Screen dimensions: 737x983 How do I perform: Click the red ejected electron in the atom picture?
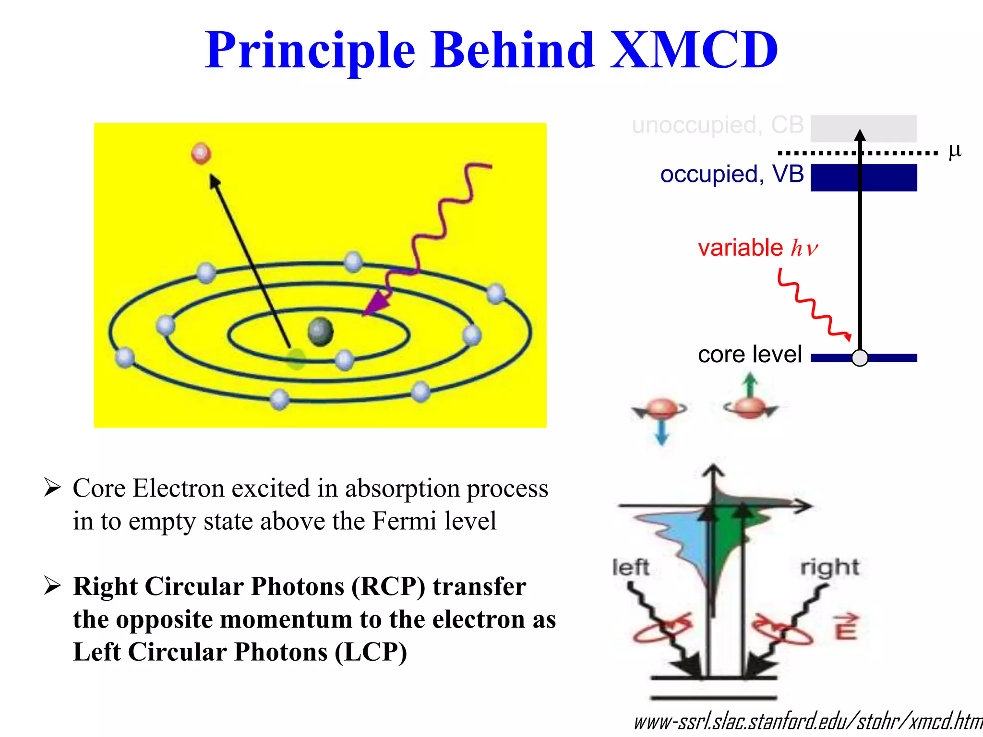tap(201, 154)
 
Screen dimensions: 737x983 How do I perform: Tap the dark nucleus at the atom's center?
tap(320, 332)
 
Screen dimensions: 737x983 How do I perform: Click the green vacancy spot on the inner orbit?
tap(296, 358)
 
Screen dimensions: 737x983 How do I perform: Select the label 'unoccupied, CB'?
tap(718, 125)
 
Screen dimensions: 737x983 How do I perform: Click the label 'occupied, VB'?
tap(731, 174)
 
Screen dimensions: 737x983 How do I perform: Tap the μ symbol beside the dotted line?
tap(954, 151)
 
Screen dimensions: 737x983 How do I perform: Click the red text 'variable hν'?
tap(757, 248)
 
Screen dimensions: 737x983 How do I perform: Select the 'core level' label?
tap(750, 355)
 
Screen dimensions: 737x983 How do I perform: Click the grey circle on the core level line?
tap(860, 358)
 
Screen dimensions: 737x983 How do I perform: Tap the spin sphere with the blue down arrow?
tap(661, 409)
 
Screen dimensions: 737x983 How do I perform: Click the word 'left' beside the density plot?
tap(631, 567)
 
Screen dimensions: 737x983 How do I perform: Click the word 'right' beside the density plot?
tap(829, 568)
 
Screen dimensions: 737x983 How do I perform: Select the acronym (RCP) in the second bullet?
tap(388, 587)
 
